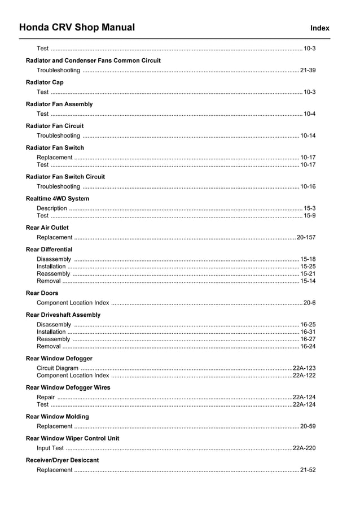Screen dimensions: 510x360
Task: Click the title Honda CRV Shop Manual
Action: [77, 27]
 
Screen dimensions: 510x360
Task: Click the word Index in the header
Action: [320, 28]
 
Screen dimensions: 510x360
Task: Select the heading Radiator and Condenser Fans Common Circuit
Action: [93, 60]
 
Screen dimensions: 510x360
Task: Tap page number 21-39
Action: [308, 71]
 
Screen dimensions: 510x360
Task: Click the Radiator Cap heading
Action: [45, 82]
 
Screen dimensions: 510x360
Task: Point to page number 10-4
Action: [309, 114]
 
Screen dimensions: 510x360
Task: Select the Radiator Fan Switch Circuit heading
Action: [65, 177]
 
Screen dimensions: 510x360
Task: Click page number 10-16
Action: [308, 186]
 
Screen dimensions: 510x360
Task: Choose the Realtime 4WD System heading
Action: [58, 199]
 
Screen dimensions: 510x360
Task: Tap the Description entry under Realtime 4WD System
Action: [52, 208]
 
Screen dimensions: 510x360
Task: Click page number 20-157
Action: [306, 238]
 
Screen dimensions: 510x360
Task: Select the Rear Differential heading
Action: [49, 250]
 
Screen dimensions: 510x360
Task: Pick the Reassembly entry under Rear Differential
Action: [54, 274]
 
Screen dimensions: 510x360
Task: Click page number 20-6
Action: [309, 303]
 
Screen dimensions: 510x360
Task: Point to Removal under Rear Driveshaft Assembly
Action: [49, 347]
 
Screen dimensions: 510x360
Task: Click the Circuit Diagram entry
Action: [58, 368]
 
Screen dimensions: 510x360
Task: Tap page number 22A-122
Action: [304, 376]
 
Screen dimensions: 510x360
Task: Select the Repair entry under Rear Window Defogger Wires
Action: [46, 398]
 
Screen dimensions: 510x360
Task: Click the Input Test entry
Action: [50, 448]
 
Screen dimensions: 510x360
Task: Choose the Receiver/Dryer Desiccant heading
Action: [62, 460]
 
